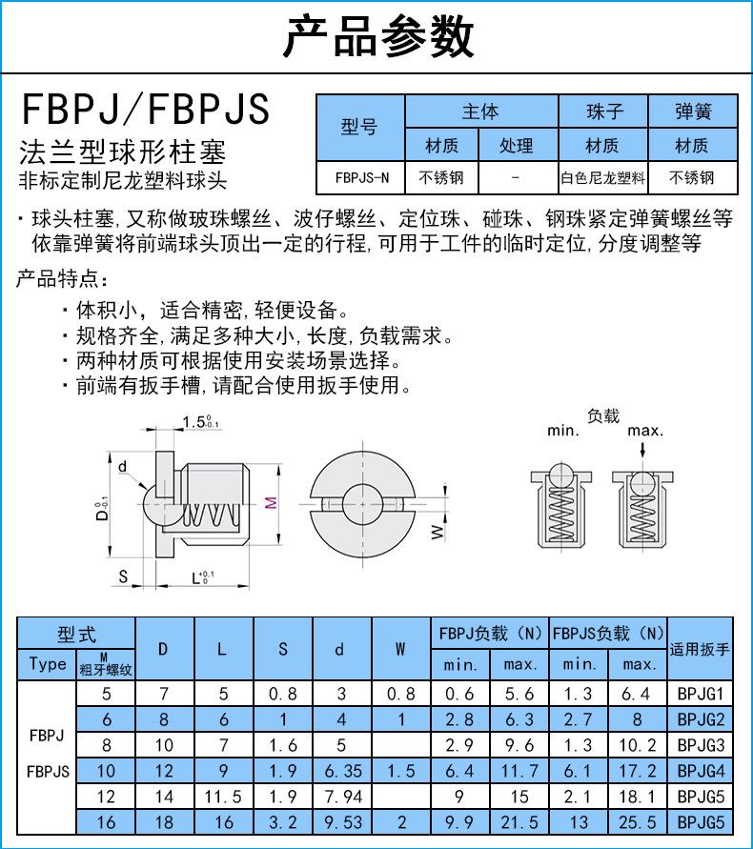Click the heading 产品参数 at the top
tap(377, 38)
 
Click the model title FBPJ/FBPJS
tap(145, 110)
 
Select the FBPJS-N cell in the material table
tap(361, 177)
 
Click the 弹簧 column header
tap(692, 112)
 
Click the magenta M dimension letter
tap(270, 503)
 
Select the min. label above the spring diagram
tap(562, 430)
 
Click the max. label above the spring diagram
tap(644, 430)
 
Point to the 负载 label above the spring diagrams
tap(603, 415)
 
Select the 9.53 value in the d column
tap(340, 822)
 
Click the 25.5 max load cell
tap(639, 822)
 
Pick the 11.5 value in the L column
tap(221, 797)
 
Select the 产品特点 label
tap(63, 280)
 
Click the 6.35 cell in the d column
tap(340, 771)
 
